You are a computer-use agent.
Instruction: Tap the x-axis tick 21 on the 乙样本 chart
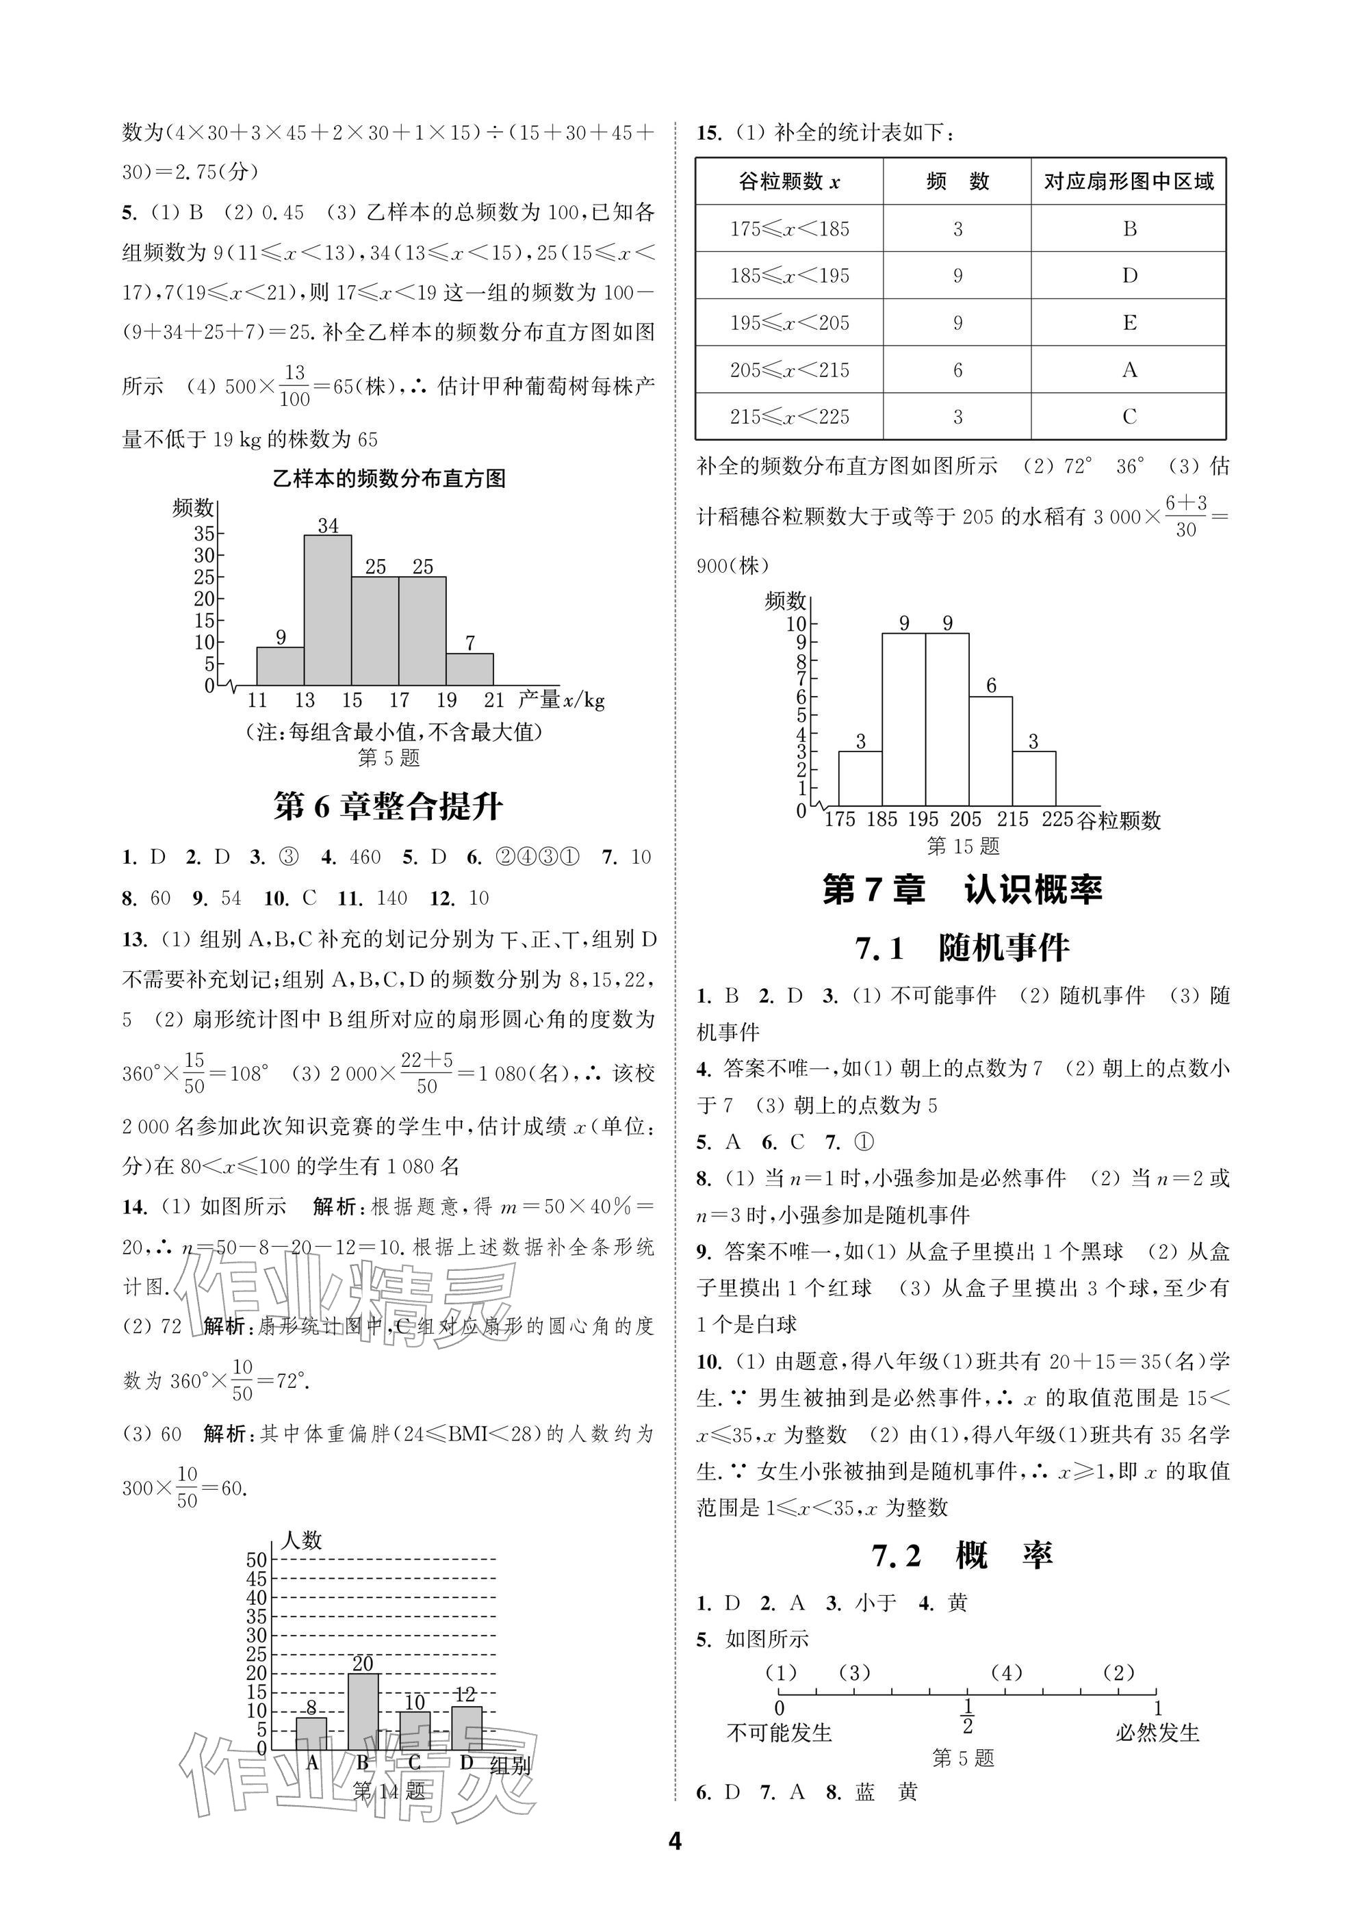[494, 700]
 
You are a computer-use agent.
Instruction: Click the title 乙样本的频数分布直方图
[389, 479]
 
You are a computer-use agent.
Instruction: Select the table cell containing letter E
[1129, 322]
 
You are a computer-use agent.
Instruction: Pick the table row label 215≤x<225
[789, 416]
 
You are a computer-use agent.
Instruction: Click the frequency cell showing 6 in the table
[957, 370]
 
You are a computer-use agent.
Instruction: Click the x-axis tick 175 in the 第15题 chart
[839, 819]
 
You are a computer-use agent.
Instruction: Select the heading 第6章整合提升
[389, 807]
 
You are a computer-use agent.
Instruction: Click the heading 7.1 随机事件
[962, 948]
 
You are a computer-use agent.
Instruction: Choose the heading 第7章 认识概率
[962, 890]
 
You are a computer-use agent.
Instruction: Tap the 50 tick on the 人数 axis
[256, 1560]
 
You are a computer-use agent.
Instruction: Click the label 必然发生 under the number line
[1157, 1732]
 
